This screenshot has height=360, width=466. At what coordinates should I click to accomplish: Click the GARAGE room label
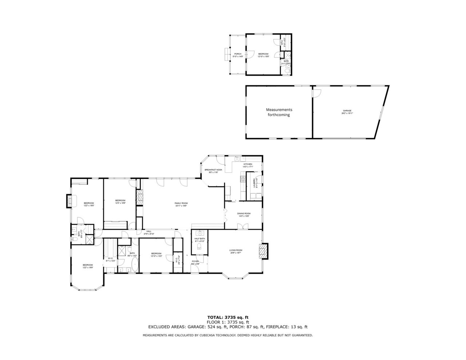(347, 111)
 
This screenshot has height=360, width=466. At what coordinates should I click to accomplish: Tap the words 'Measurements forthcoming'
(279, 112)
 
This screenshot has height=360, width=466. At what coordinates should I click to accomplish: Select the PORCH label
(237, 54)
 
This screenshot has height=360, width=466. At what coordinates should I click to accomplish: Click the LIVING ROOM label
(236, 250)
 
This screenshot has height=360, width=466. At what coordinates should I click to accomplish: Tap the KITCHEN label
(248, 164)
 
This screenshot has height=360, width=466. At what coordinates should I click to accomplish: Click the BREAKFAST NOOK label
(213, 170)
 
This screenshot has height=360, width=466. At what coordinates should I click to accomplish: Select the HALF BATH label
(200, 238)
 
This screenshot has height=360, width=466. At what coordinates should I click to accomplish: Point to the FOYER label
(195, 261)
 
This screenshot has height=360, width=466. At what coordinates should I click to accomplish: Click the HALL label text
(149, 231)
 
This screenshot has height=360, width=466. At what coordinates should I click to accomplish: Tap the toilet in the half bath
(199, 248)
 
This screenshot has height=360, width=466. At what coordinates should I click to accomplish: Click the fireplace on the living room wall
(264, 250)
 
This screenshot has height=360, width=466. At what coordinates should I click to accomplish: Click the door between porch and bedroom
(250, 54)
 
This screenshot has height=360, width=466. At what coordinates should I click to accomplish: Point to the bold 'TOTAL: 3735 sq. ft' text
(228, 317)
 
